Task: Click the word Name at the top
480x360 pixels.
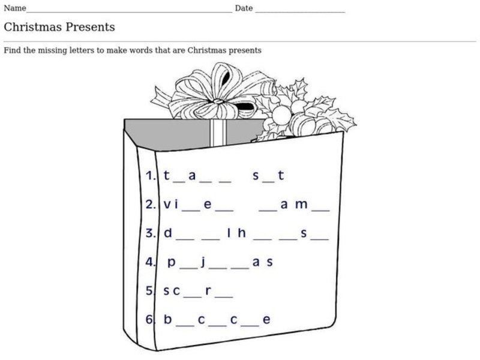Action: [15, 8]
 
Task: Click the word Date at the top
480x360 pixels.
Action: [244, 8]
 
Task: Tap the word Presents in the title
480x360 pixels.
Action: [89, 27]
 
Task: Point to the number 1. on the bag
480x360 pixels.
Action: [151, 176]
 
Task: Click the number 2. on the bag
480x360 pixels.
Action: [151, 205]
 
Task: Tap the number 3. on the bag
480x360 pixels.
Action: [151, 233]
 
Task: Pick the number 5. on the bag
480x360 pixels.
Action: [151, 291]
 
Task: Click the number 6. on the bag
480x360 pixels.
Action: [151, 320]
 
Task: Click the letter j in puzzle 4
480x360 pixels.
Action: [203, 262]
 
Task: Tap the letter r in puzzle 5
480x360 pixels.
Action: [208, 291]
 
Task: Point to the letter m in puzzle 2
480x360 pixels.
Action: [302, 205]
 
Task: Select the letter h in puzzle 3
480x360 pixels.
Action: [242, 233]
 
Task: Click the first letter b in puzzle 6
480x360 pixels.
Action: [167, 320]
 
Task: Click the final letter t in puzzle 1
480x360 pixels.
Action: [280, 176]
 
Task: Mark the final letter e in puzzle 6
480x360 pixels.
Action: [266, 320]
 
